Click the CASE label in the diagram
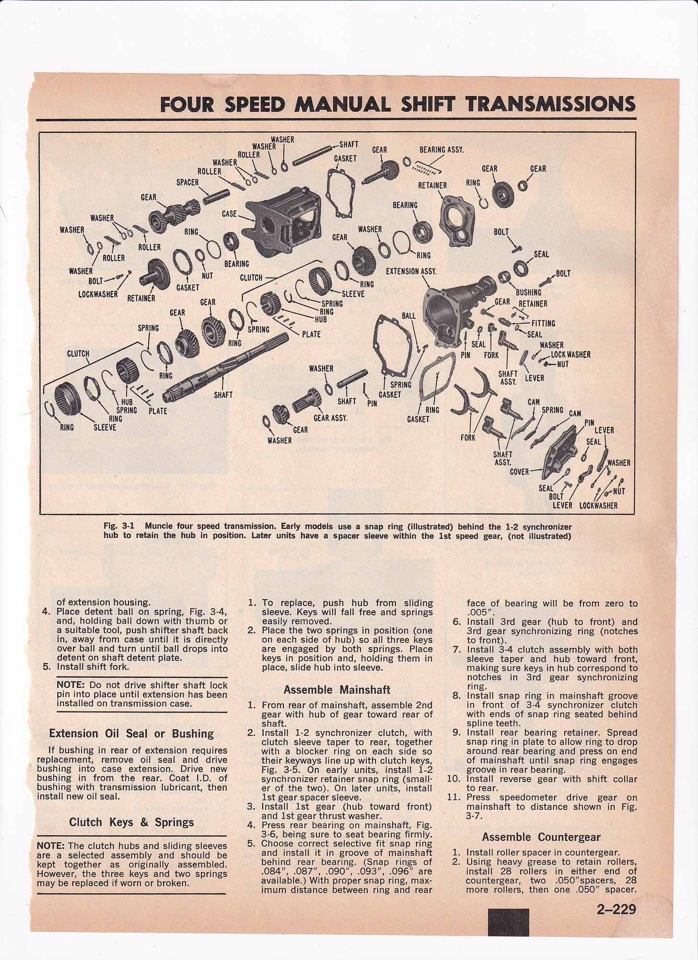[x=229, y=213]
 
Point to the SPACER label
[x=187, y=182]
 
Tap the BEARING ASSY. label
[x=442, y=150]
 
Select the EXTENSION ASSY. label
[x=411, y=271]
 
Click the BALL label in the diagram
[x=409, y=317]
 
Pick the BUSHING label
[x=528, y=292]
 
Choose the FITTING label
[x=543, y=323]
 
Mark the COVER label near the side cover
[x=519, y=472]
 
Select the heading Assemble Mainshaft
[x=337, y=690]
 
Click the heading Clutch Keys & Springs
[x=131, y=822]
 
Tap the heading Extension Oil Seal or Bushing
[x=131, y=734]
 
